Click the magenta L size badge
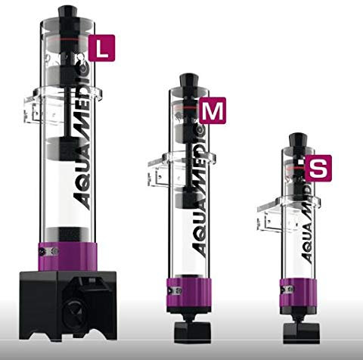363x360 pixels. pos(101,48)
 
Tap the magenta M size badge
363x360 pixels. pos(213,110)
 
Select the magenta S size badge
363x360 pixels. pos(318,168)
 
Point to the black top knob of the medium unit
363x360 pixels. pos(188,80)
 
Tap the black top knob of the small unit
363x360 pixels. pos(298,139)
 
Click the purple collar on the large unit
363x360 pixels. pos(67,256)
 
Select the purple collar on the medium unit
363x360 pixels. pos(188,293)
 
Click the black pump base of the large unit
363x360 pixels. pos(68,305)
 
